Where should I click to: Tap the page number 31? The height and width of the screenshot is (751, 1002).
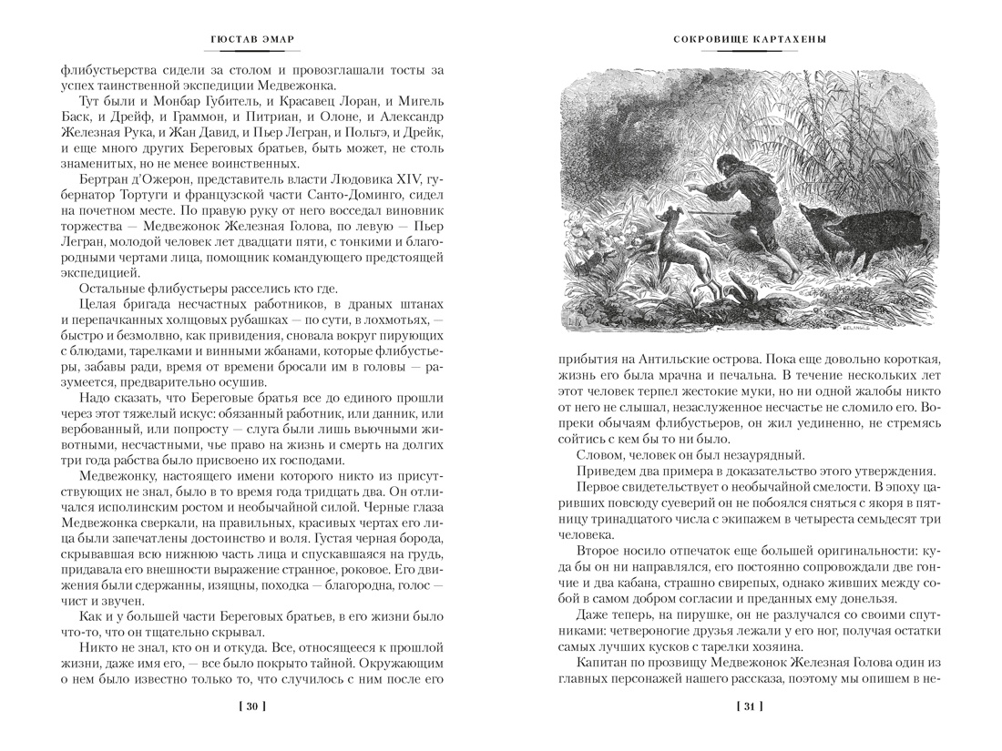point(749,706)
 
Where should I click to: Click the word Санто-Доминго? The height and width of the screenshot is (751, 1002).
point(360,196)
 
